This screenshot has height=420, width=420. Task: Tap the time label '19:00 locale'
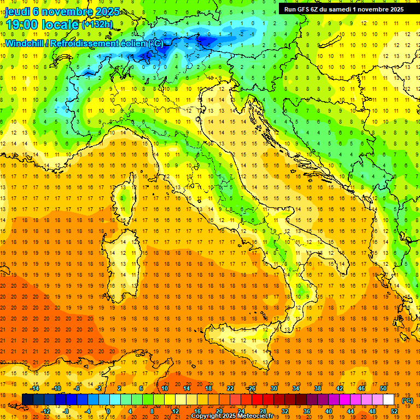click(42, 24)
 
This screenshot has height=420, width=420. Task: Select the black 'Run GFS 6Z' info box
click(344, 9)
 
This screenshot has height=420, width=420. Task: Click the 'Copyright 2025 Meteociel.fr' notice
click(236, 416)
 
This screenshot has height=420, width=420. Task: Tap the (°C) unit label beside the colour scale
click(407, 400)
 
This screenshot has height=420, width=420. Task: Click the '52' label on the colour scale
click(395, 411)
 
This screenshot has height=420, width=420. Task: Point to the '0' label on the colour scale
click(108, 411)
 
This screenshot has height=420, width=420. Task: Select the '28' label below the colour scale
click(263, 411)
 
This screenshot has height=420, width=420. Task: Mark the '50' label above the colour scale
click(383, 388)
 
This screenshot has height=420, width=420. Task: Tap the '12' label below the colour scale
click(175, 411)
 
